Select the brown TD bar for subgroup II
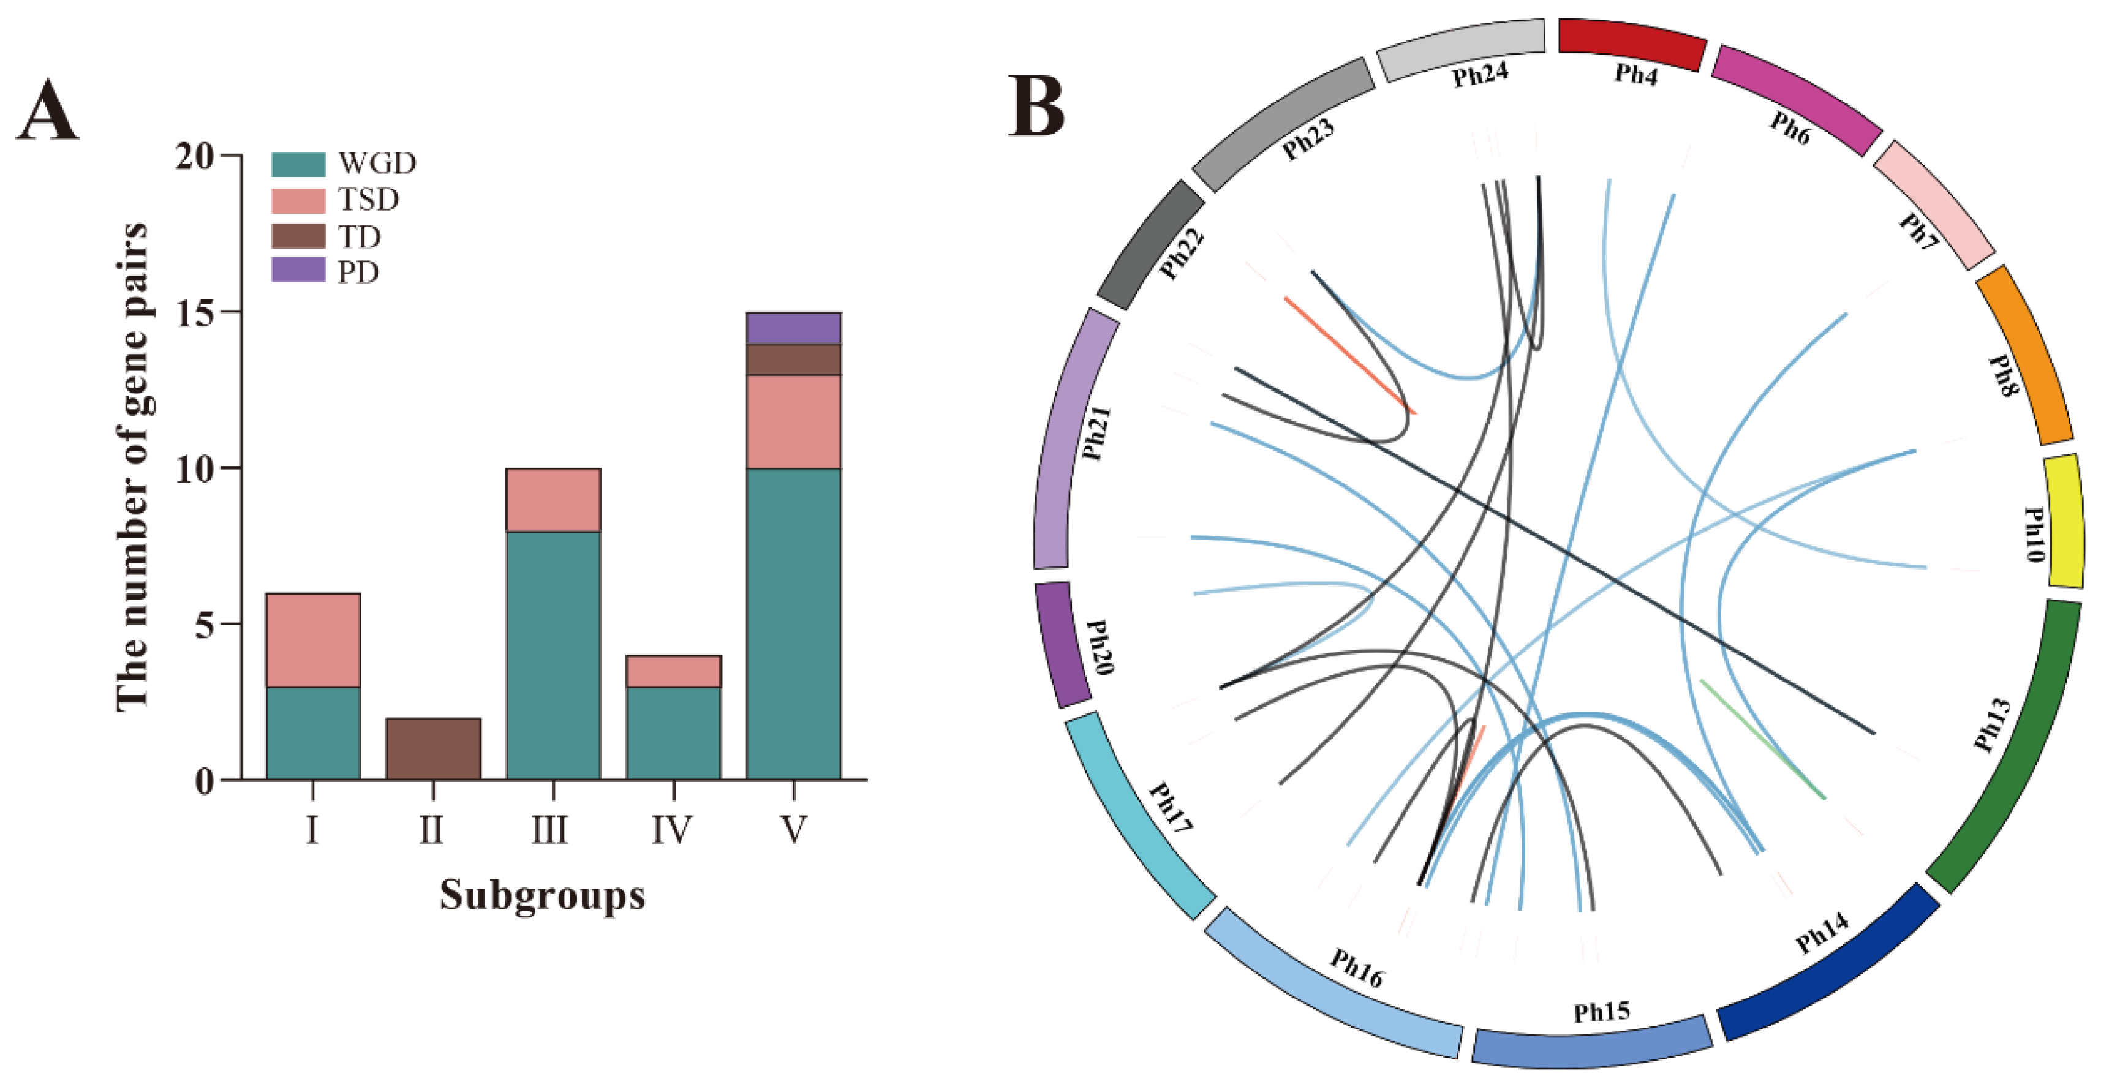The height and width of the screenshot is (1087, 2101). [x=433, y=748]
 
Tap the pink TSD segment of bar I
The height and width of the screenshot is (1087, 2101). [x=313, y=640]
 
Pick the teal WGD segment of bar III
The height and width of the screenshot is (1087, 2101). [x=554, y=655]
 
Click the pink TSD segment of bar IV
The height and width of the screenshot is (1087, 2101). [x=674, y=671]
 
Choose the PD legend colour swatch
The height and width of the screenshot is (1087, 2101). [x=298, y=271]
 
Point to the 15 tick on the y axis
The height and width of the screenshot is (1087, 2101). [x=196, y=312]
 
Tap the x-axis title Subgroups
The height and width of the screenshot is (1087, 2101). [x=542, y=895]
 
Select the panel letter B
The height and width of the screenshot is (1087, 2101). [x=1036, y=106]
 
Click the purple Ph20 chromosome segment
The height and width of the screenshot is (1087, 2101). [x=1063, y=644]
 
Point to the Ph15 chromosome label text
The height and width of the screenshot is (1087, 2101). [x=1602, y=1012]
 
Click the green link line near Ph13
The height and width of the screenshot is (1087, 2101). [x=1762, y=738]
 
